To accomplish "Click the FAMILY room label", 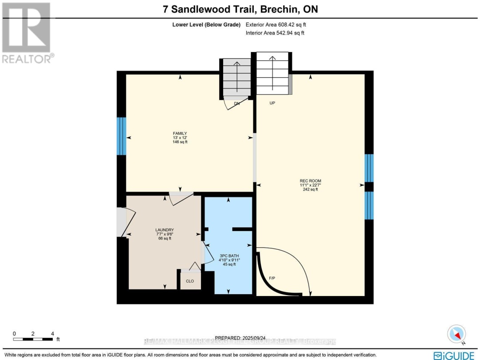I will (x=180, y=133).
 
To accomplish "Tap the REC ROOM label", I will (x=310, y=180).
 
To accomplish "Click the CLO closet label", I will (x=190, y=281).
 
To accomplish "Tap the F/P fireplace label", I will (x=272, y=278).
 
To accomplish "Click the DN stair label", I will (x=237, y=103).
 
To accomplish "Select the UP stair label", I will (x=273, y=103).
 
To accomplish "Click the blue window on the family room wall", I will (x=121, y=136).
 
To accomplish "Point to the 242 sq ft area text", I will (x=310, y=189).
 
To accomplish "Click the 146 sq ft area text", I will (x=180, y=142).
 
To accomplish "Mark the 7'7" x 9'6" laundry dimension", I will (x=164, y=234).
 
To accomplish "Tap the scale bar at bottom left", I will (x=33, y=339).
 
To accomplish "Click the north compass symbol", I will (x=456, y=334).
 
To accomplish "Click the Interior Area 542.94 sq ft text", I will (x=275, y=33).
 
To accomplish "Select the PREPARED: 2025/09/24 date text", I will (x=240, y=338).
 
